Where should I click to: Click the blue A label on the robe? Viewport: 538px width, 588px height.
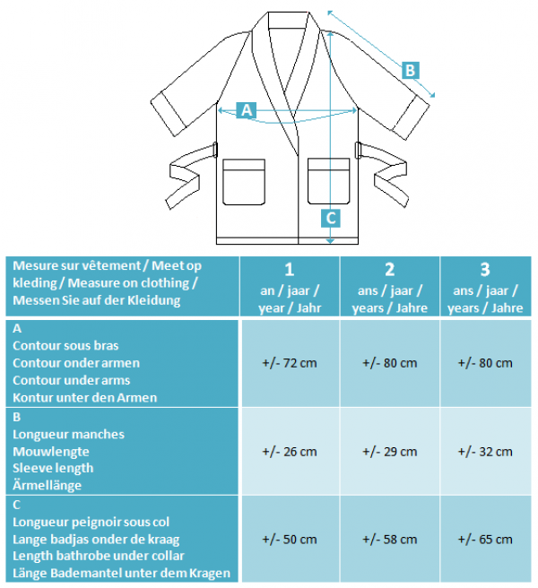click(246, 110)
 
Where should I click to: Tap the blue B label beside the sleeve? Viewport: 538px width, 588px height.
click(410, 71)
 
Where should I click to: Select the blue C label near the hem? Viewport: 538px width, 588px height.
click(331, 218)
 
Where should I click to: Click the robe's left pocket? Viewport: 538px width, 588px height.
click(244, 182)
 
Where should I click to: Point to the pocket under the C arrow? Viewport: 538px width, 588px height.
click(329, 181)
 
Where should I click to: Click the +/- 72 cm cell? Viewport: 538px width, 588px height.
click(290, 363)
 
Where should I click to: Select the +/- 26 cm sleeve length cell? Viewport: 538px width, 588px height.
click(290, 452)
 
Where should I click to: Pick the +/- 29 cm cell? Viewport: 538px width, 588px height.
click(389, 452)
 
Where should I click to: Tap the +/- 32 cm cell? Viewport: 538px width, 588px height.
click(485, 452)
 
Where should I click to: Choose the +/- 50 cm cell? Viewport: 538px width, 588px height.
click(290, 540)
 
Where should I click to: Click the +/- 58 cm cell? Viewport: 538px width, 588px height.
click(389, 540)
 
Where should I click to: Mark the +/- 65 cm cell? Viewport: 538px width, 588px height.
click(485, 540)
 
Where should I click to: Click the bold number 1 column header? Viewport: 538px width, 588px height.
click(290, 270)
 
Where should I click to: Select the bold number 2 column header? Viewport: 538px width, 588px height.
click(390, 270)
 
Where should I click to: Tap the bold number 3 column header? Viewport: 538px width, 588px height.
click(485, 270)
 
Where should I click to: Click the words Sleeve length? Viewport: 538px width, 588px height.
click(53, 468)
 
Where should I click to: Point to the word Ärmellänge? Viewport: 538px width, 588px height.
click(47, 485)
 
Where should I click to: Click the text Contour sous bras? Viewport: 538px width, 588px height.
click(65, 345)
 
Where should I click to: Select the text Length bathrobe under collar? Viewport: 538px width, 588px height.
click(99, 556)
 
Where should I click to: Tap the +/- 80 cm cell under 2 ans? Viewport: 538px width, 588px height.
click(389, 363)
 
